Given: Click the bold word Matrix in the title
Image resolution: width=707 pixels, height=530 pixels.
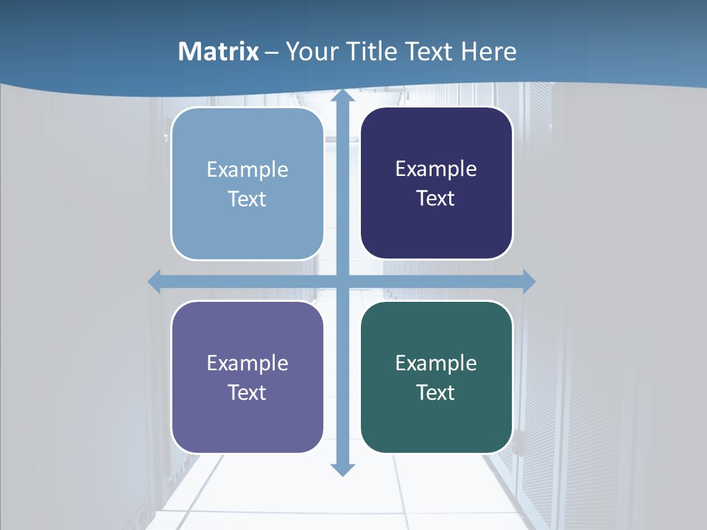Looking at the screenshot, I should (219, 52).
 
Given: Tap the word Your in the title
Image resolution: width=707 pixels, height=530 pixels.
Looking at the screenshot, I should (309, 52).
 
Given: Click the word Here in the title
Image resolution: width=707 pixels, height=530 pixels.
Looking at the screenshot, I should (488, 52).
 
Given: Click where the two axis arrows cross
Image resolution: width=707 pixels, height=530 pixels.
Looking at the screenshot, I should (342, 281).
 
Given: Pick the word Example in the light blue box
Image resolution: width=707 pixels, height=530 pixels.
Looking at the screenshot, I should (247, 170).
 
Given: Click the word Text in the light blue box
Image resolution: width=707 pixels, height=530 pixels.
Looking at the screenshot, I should (247, 199).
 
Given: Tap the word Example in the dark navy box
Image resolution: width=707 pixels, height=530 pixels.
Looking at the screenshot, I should (436, 169).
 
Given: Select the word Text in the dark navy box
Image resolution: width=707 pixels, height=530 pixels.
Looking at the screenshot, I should (436, 199).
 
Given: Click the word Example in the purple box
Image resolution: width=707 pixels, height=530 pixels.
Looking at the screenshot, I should (247, 364).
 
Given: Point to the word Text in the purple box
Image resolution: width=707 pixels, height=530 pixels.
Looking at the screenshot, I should (247, 393).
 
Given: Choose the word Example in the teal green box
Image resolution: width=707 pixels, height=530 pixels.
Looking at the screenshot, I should (436, 364).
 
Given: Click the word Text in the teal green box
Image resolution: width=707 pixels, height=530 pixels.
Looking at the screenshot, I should (436, 393).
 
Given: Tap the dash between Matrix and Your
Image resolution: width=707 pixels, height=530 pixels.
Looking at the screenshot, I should (272, 52).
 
